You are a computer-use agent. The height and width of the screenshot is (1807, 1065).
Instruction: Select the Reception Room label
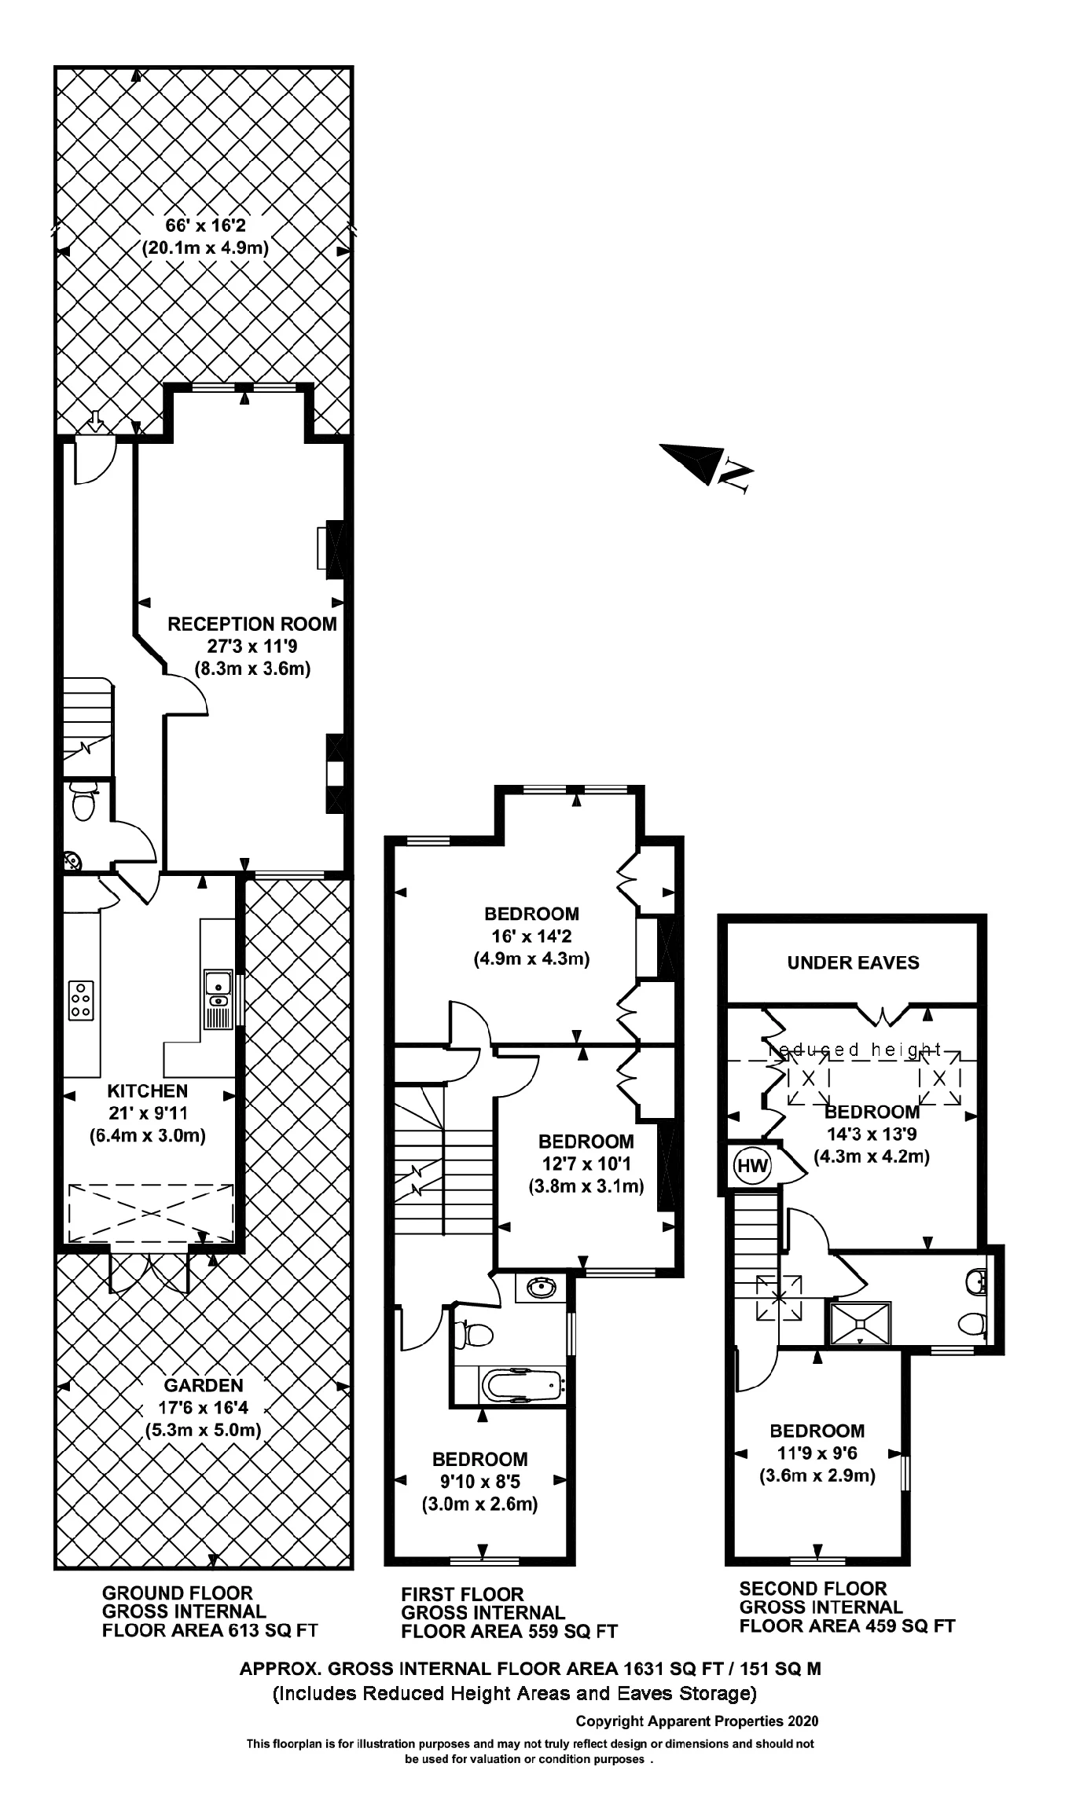coord(252,624)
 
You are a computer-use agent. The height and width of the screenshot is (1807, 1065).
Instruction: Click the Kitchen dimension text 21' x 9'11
coord(148,1112)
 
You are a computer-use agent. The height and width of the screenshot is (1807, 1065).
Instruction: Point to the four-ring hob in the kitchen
coord(81,1000)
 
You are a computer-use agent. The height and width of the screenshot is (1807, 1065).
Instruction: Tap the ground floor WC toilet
coord(83,803)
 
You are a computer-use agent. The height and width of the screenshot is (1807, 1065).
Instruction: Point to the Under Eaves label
coord(853,962)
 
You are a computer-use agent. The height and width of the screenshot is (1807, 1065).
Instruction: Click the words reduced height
coord(854,1050)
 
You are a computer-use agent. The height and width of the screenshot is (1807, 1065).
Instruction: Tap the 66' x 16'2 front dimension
coord(205,225)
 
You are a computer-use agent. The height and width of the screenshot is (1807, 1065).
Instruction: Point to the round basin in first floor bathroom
coord(541,1288)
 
